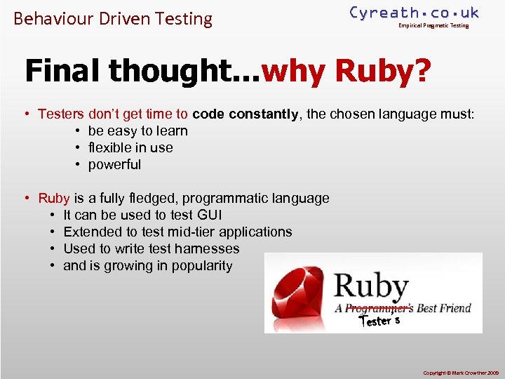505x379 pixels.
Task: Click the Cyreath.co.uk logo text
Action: (414, 12)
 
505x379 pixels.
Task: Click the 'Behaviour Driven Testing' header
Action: (113, 18)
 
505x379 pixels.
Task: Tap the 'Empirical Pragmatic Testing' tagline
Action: (433, 26)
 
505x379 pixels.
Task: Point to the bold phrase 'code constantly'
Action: (245, 114)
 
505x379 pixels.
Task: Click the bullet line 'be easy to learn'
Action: (137, 131)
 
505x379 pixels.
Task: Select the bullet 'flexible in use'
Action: (130, 147)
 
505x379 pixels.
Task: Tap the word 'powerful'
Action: (114, 164)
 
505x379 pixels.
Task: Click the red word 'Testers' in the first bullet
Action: (61, 114)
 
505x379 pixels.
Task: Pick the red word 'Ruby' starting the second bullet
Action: (54, 198)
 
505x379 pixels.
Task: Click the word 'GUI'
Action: (209, 215)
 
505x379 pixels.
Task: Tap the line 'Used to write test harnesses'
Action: (151, 248)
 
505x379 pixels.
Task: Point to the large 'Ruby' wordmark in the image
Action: (371, 286)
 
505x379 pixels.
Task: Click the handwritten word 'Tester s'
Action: (379, 321)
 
